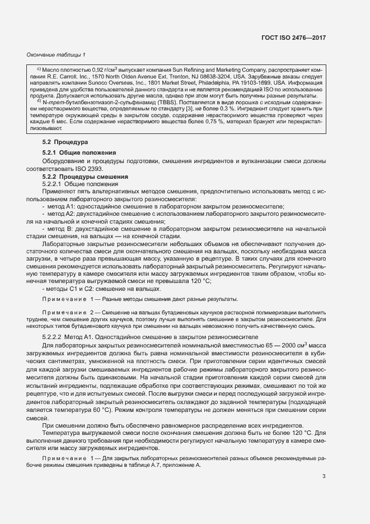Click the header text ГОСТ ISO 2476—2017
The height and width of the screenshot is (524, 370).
click(x=293, y=38)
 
